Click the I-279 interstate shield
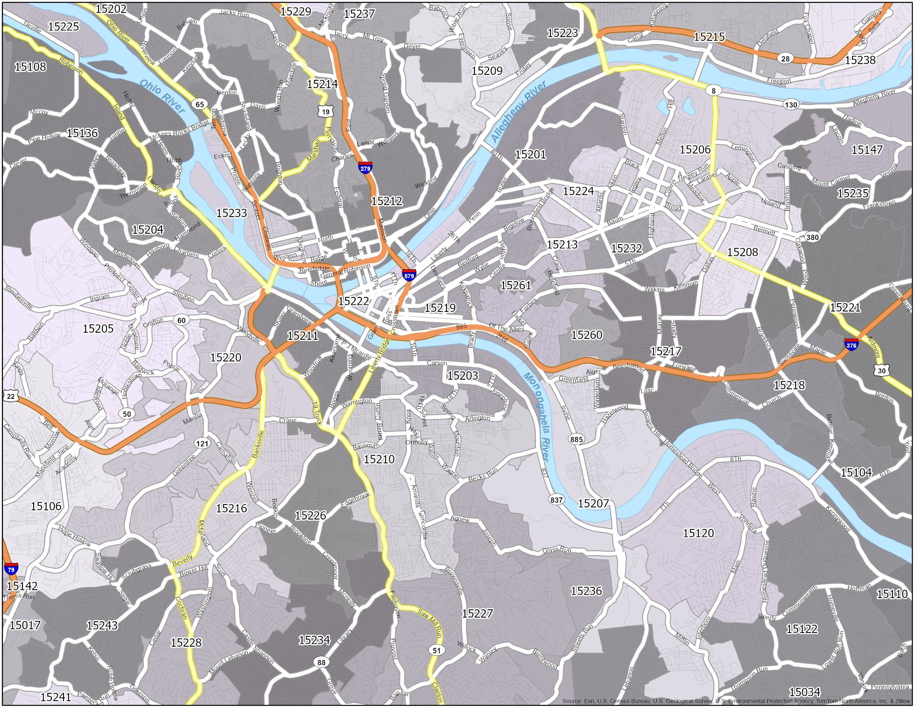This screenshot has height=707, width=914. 365,168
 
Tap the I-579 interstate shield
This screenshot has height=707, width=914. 409,275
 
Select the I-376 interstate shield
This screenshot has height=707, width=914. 851,345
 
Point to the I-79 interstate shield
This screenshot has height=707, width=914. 11,569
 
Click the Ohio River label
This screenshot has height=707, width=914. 162,96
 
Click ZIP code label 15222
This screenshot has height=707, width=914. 354,301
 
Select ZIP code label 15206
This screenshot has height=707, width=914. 695,150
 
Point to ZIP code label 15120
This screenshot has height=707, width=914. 698,533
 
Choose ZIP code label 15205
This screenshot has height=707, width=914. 98,329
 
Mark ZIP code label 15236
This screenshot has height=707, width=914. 586,591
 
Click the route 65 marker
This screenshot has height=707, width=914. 199,104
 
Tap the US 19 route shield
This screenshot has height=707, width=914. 326,111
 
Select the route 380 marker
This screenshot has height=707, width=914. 812,237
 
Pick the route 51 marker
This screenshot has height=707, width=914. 437,650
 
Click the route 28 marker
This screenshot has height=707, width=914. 785,59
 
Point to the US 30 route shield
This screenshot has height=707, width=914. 882,370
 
